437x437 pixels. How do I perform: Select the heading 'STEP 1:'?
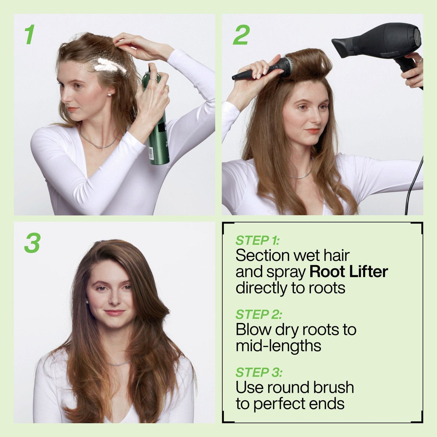[x=257, y=240]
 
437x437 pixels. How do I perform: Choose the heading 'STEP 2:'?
[x=259, y=315]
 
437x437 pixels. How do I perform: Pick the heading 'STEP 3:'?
[x=259, y=372]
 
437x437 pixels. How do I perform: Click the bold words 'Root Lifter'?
[x=348, y=272]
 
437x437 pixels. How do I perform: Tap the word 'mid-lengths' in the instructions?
[x=278, y=345]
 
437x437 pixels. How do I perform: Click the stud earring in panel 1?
[x=109, y=95]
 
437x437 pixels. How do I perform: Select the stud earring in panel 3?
[x=88, y=302]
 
